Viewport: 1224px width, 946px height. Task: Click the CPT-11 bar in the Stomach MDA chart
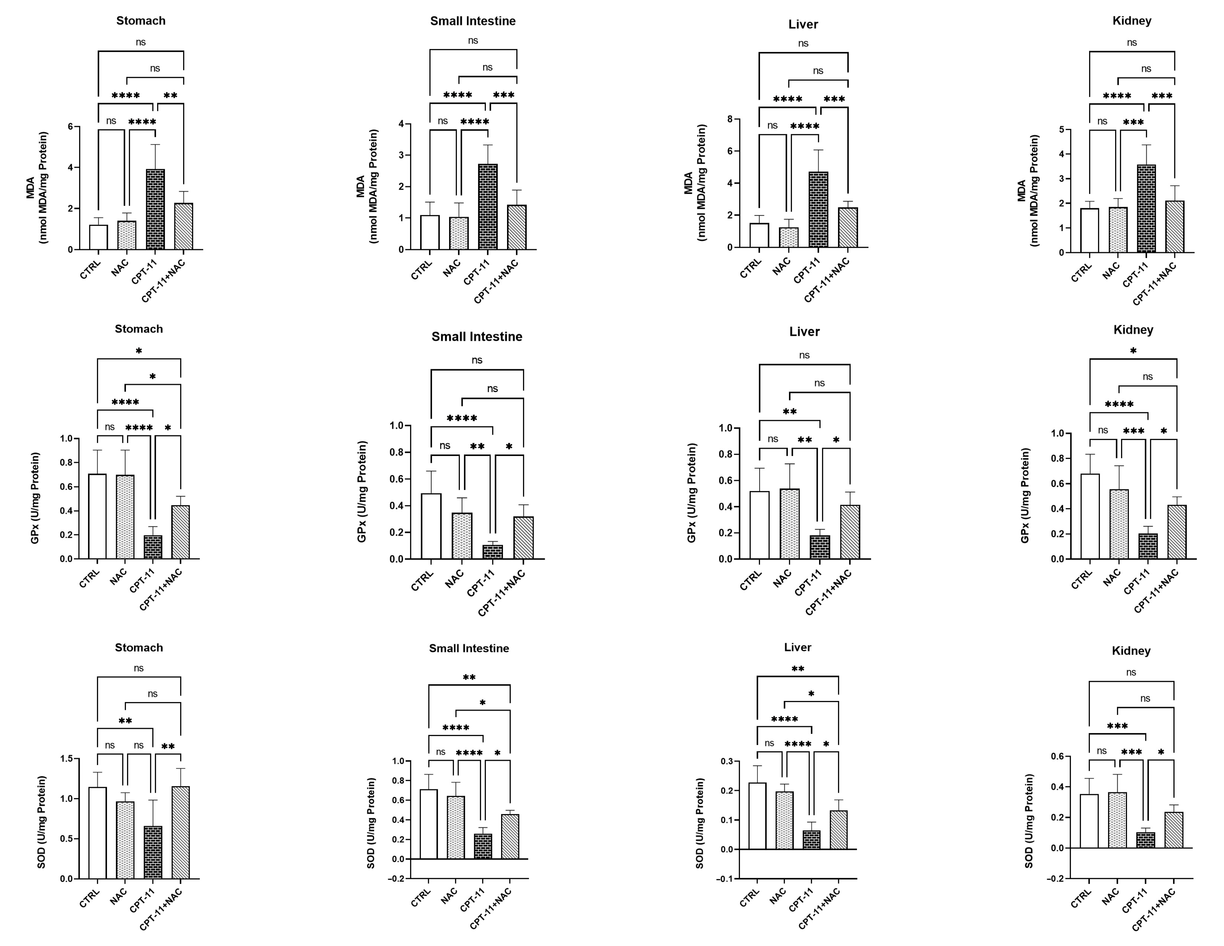click(155, 210)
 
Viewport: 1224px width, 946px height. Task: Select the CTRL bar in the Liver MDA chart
click(759, 235)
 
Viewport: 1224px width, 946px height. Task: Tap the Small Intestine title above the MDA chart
click(473, 21)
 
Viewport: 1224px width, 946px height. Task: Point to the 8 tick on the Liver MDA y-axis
click(730, 119)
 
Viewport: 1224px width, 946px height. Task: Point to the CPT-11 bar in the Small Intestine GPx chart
click(493, 552)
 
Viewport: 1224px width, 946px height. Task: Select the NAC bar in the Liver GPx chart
click(789, 524)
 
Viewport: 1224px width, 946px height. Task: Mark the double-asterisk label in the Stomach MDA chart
click(170, 96)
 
